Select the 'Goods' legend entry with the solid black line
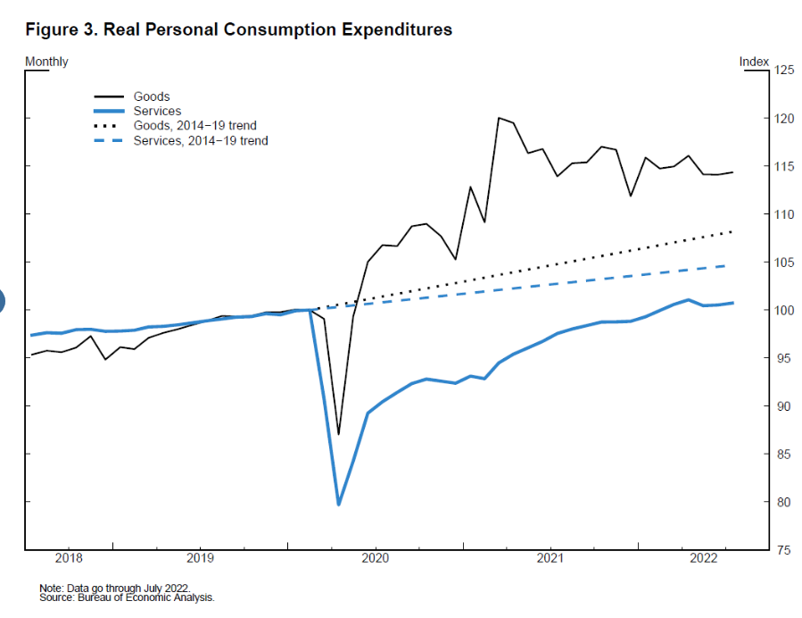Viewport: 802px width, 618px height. tap(151, 96)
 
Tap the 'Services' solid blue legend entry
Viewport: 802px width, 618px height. tap(157, 112)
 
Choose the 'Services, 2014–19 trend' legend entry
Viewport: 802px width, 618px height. tap(200, 141)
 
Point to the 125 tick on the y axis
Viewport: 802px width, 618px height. tap(782, 70)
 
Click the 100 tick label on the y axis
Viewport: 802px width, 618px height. tap(782, 310)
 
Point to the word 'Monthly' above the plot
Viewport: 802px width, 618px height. tap(46, 62)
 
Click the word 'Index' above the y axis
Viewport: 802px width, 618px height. tap(753, 62)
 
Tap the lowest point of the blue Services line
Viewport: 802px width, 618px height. tap(339, 505)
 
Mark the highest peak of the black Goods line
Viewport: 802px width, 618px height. tap(499, 118)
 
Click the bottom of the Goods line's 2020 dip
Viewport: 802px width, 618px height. tap(338, 434)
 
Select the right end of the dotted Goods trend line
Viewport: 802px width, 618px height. tap(732, 232)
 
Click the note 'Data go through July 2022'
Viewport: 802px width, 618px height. tap(115, 589)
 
